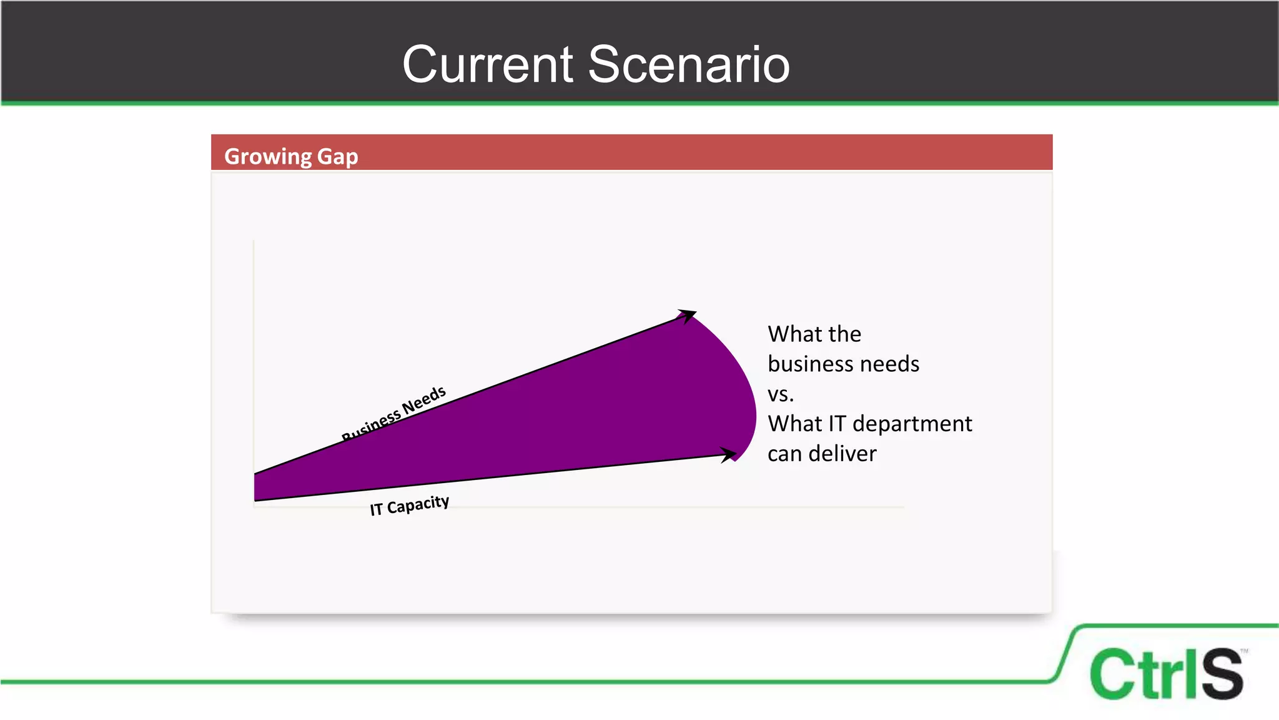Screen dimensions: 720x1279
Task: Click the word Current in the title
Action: pyautogui.click(x=488, y=64)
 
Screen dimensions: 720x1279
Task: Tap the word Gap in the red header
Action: pyautogui.click(x=337, y=156)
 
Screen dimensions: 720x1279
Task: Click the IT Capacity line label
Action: pyautogui.click(x=409, y=505)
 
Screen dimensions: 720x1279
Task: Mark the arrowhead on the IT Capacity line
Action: pyautogui.click(x=728, y=454)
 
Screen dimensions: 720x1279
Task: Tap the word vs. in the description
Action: pyautogui.click(x=781, y=394)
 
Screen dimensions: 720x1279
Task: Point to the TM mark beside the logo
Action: pyautogui.click(x=1244, y=651)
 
